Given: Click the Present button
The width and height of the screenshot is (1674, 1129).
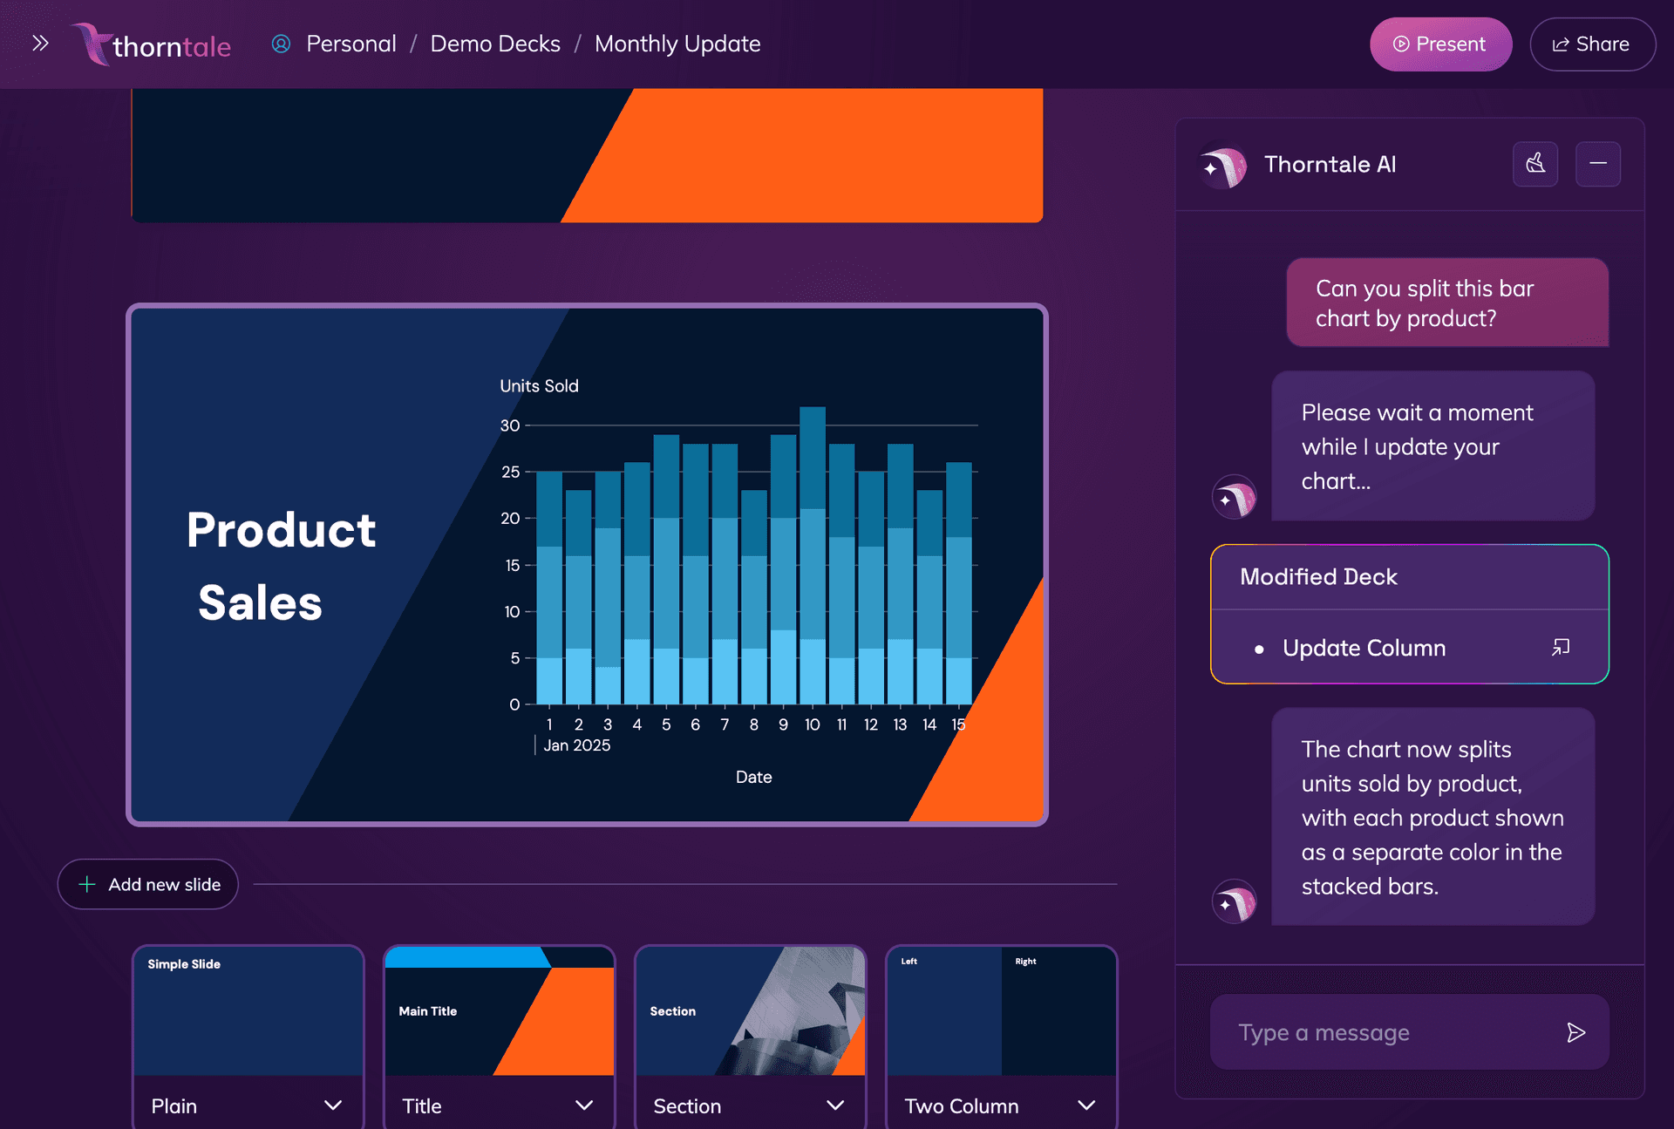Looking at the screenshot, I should tap(1440, 44).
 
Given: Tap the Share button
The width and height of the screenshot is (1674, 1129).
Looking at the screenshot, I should tap(1592, 44).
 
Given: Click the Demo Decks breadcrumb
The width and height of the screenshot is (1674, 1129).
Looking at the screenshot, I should tap(495, 44).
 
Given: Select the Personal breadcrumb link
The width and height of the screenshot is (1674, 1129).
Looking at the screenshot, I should tap(350, 44).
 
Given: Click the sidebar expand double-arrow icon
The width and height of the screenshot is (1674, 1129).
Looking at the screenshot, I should tap(40, 43).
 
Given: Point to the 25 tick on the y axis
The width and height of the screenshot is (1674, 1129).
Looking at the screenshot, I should tap(510, 472).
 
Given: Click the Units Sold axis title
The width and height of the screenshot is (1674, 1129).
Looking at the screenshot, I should tap(539, 385).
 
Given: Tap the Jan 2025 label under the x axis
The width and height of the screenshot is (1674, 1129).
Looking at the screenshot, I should tap(576, 745).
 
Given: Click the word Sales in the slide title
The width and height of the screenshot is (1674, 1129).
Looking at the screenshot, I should tap(260, 602).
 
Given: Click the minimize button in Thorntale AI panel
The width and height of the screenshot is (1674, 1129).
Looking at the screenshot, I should tap(1597, 164).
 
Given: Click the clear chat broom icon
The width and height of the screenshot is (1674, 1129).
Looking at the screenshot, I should tap(1534, 164).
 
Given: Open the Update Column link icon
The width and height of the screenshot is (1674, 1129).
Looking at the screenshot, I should tap(1560, 647).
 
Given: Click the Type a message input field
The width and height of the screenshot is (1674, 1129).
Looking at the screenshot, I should tap(1386, 1032).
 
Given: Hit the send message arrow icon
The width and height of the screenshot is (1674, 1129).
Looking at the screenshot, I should tap(1575, 1032).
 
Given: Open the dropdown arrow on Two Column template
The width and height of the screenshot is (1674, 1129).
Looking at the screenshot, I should tap(1085, 1105).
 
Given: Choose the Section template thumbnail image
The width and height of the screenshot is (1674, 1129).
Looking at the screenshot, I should tap(750, 1011).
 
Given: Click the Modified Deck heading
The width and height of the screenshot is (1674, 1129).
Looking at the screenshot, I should tap(1318, 576).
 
